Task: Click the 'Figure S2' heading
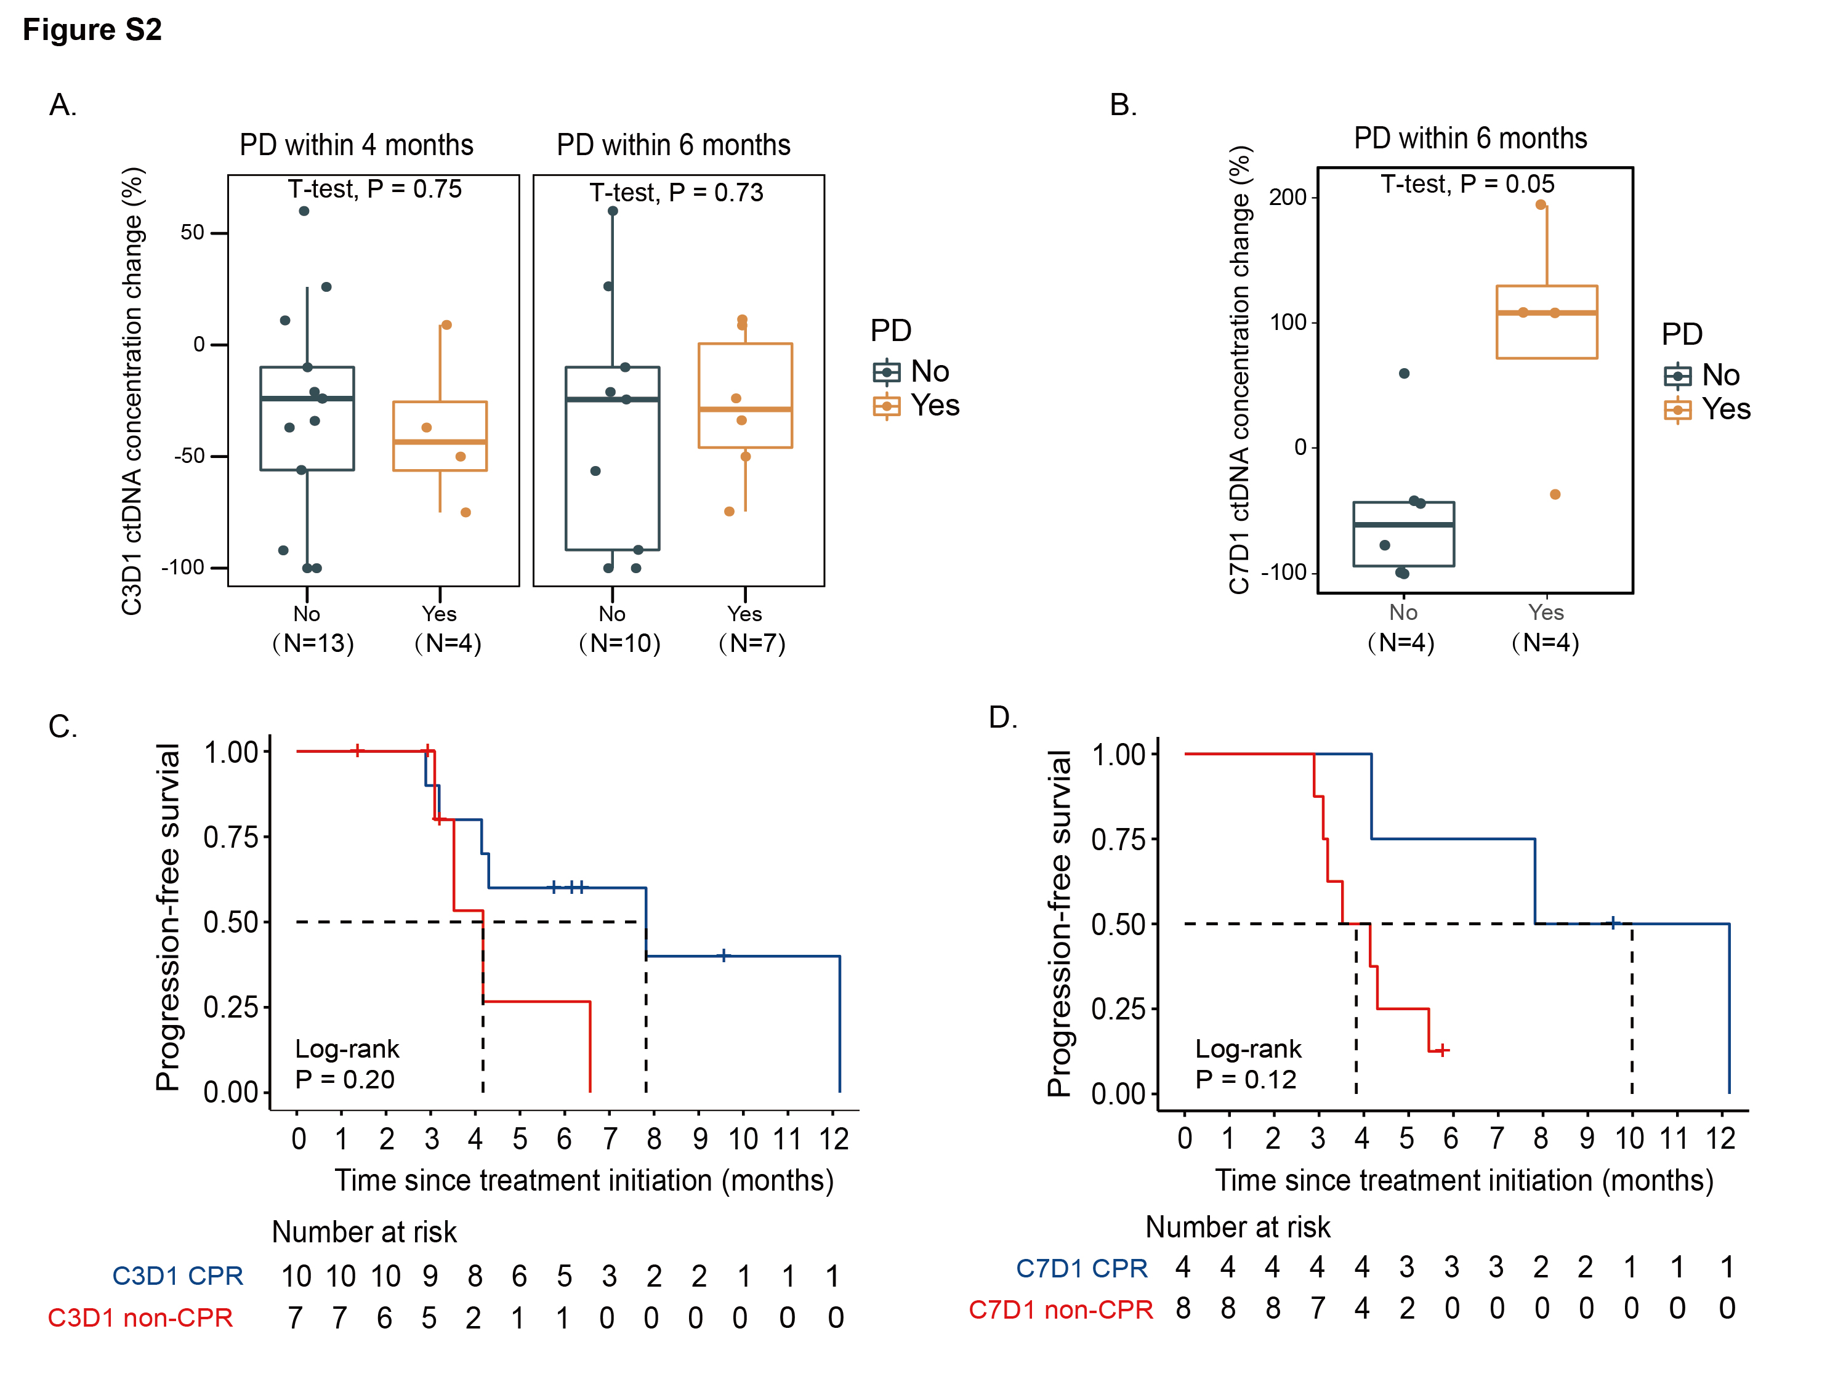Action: (x=92, y=30)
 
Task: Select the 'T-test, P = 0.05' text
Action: (x=1467, y=184)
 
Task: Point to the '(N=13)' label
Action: (x=313, y=643)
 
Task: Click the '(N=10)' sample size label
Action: (x=619, y=643)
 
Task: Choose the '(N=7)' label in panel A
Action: (x=751, y=643)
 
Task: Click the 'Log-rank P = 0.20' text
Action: (x=347, y=1064)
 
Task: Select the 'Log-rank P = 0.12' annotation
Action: (x=1248, y=1064)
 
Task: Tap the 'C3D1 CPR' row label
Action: (x=178, y=1276)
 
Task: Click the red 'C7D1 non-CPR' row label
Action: (x=1060, y=1310)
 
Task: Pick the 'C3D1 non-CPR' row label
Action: (x=140, y=1319)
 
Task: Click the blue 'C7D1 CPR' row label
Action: (x=1082, y=1269)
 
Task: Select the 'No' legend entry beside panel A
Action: (x=912, y=372)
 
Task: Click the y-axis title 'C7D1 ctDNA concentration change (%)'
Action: (x=1239, y=371)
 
